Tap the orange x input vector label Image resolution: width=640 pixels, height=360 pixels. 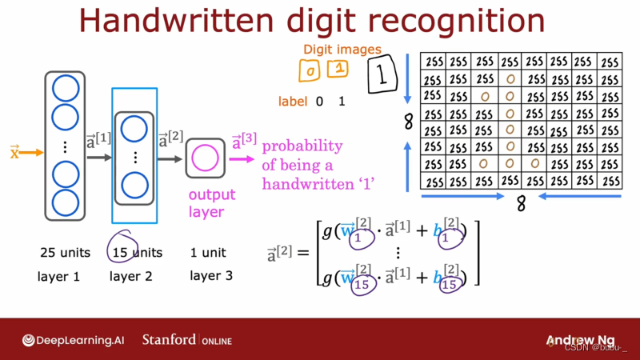tap(14, 152)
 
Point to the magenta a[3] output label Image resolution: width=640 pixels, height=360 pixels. tap(244, 142)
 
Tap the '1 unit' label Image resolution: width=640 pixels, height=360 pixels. tap(208, 252)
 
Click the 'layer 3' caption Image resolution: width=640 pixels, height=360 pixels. tap(212, 276)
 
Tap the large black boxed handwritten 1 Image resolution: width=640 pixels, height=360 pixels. tap(382, 74)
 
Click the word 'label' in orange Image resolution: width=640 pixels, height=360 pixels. tap(293, 102)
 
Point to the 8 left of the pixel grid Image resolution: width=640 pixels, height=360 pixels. tap(408, 122)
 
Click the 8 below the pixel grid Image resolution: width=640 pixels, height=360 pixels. tap(521, 205)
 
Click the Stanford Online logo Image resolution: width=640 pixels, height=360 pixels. tap(186, 340)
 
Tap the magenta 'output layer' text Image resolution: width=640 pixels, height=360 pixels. tap(212, 203)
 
